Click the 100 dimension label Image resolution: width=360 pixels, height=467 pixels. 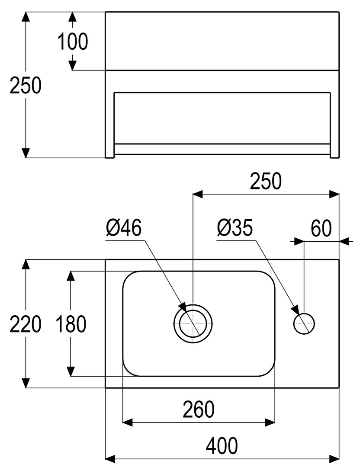73,42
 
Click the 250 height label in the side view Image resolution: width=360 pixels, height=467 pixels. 26,86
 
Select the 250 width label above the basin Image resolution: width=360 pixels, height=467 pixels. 266,182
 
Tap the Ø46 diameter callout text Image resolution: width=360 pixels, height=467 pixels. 124,228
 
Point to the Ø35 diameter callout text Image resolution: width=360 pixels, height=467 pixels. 235,228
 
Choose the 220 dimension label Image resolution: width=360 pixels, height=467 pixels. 26,324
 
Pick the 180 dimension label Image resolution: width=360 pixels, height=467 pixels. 71,324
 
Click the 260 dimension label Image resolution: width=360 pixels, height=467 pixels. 199,409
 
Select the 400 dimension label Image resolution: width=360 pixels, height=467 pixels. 222,445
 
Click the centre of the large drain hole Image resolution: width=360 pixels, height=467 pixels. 193,323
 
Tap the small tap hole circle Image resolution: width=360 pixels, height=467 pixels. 305,323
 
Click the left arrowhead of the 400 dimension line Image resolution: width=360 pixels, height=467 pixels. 111,457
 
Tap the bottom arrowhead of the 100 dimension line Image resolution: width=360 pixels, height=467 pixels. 73,64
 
